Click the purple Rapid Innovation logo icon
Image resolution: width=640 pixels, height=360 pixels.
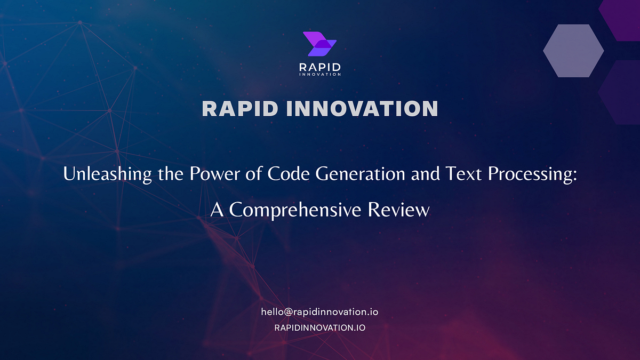pos(319,44)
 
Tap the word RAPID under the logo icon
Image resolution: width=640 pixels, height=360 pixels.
pos(319,67)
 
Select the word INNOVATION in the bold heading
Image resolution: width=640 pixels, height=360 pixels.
pos(362,108)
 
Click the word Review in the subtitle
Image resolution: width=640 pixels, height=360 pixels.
pos(399,210)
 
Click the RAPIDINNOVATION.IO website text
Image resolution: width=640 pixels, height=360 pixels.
pos(319,327)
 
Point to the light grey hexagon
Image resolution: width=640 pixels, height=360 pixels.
pos(573,51)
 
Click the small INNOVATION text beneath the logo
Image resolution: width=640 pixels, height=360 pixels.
pos(319,75)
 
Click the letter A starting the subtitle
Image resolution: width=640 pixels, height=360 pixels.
pos(217,210)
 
